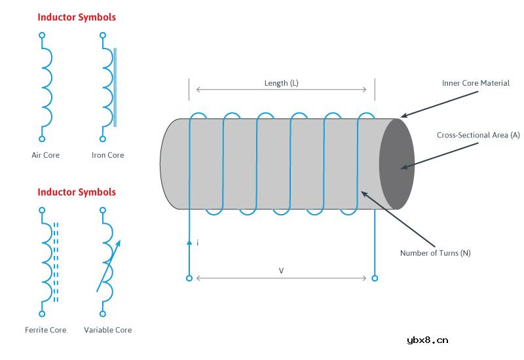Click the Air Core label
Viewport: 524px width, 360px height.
click(46, 155)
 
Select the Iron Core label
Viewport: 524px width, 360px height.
click(107, 155)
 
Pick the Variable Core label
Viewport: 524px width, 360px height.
click(108, 330)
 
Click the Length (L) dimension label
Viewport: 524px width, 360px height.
click(282, 83)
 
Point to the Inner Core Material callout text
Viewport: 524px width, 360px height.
click(476, 83)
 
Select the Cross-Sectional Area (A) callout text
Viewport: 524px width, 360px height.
click(478, 135)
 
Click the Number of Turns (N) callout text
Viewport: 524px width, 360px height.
click(435, 253)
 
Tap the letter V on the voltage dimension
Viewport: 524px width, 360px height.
click(282, 270)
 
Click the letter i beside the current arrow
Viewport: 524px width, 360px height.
click(197, 243)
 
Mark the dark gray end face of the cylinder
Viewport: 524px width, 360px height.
click(396, 164)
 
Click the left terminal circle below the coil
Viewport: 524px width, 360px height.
click(189, 278)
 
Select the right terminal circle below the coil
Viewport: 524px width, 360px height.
click(375, 278)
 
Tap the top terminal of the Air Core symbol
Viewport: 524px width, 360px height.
click(42, 35)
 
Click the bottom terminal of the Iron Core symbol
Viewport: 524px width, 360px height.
click(103, 139)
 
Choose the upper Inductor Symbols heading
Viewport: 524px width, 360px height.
click(77, 18)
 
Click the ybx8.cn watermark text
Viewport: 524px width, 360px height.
click(427, 340)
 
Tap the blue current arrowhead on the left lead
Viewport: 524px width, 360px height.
click(189, 242)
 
